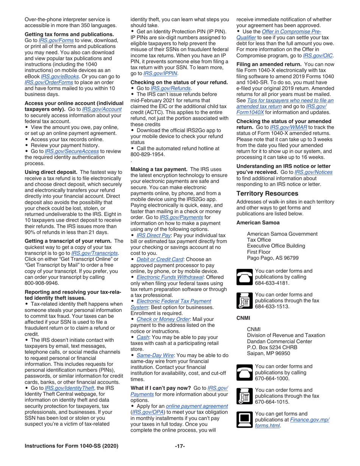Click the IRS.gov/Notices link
point(313,172)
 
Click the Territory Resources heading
point(267,193)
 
